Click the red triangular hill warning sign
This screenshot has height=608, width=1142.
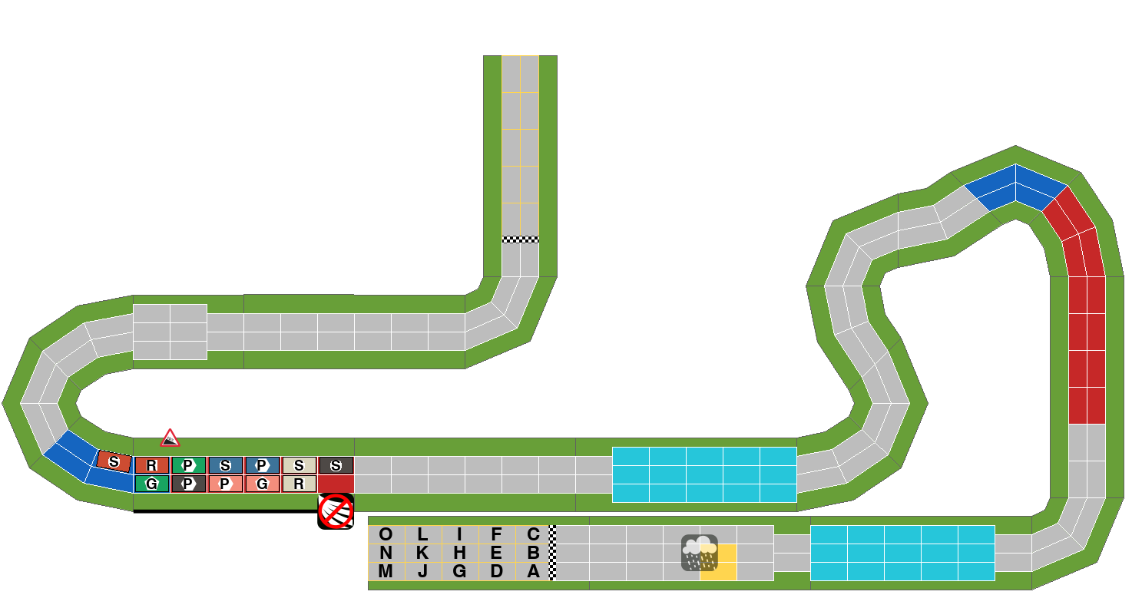[x=170, y=438]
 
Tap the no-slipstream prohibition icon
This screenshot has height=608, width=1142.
[x=336, y=512]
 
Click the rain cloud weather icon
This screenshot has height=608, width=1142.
[x=700, y=553]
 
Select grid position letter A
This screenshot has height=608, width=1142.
[x=533, y=571]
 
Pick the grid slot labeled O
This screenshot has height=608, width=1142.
[x=386, y=534]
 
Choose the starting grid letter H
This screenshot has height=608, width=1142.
[x=459, y=553]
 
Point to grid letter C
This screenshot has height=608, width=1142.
[x=533, y=534]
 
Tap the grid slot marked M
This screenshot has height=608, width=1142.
[x=386, y=571]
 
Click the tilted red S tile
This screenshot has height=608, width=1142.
[x=114, y=461]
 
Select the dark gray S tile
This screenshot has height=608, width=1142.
[x=336, y=465]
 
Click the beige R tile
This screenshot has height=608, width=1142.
[x=299, y=484]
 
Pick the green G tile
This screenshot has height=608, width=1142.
[x=151, y=484]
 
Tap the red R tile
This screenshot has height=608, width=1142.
[x=151, y=465]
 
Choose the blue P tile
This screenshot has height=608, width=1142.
[x=262, y=465]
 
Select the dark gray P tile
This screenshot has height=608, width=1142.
[x=188, y=484]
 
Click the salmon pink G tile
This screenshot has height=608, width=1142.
[x=262, y=484]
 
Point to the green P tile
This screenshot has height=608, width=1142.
[x=188, y=465]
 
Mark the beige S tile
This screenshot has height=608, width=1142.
[x=299, y=465]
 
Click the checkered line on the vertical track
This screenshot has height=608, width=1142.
[x=521, y=240]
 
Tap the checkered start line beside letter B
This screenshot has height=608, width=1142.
[x=553, y=553]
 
